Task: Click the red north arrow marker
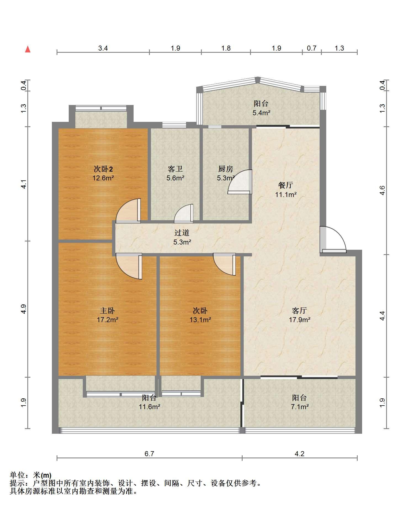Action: (x=28, y=49)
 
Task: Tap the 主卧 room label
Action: (x=107, y=311)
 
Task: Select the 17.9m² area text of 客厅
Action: (x=300, y=320)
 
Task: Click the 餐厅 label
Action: (x=286, y=185)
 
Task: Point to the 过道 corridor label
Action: (x=182, y=233)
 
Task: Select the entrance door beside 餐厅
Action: (x=333, y=240)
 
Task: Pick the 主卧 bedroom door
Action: (x=129, y=266)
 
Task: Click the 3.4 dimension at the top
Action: (x=103, y=48)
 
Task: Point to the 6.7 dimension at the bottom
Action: (x=149, y=454)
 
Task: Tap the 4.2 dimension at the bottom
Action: (x=299, y=454)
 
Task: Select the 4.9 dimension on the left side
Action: (x=24, y=309)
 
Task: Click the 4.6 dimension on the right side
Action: (x=382, y=190)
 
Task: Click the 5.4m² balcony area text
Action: (x=261, y=113)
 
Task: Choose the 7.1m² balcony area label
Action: (x=300, y=407)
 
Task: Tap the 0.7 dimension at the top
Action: (x=312, y=48)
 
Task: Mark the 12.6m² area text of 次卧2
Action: (x=103, y=178)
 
